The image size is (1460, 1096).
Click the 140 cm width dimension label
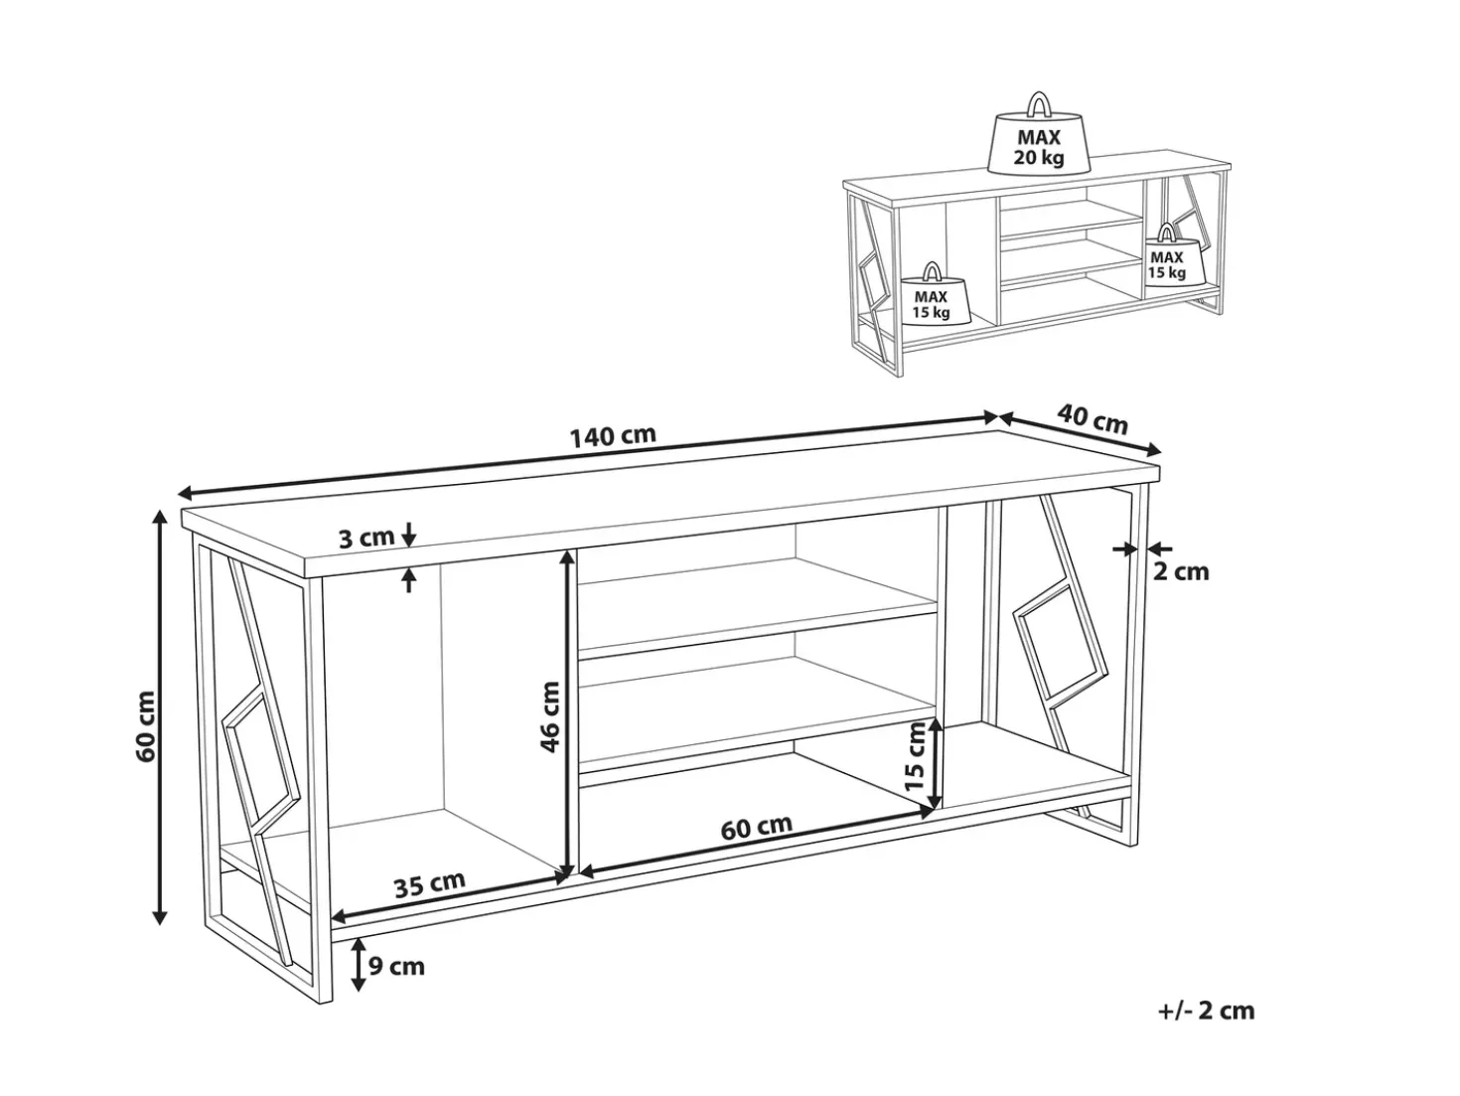tap(613, 436)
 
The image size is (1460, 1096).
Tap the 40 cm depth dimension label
tap(1092, 420)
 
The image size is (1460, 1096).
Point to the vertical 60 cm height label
tap(145, 726)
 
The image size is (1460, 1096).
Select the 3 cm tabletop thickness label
tap(366, 538)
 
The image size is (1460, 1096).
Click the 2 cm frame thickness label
tap(1181, 571)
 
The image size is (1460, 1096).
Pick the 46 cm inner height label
tap(550, 716)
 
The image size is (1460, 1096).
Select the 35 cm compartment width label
tap(430, 884)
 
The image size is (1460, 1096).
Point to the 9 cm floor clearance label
tap(396, 966)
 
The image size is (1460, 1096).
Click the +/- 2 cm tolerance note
tap(1206, 1029)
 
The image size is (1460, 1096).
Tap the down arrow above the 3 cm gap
tap(409, 533)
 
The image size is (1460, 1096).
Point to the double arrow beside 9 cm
tap(359, 966)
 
